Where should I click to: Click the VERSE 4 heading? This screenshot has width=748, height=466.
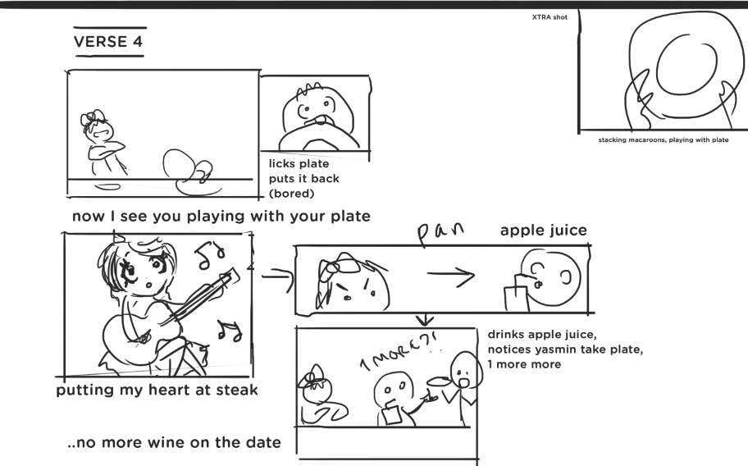click(x=108, y=42)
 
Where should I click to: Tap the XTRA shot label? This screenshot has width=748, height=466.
click(x=550, y=17)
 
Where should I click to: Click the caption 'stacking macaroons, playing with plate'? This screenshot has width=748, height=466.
click(x=663, y=139)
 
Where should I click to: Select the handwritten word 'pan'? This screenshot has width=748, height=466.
click(x=440, y=232)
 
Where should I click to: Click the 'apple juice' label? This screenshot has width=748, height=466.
click(x=543, y=231)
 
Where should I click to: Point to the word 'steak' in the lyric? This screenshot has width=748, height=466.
click(x=236, y=390)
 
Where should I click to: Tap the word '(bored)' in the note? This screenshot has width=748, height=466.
click(x=291, y=194)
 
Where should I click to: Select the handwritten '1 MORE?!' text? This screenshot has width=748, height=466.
click(x=399, y=352)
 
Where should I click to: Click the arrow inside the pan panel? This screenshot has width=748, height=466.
click(x=450, y=275)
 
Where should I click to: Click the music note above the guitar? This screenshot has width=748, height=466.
click(x=210, y=254)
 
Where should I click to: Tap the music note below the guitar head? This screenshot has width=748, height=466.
click(x=229, y=330)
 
